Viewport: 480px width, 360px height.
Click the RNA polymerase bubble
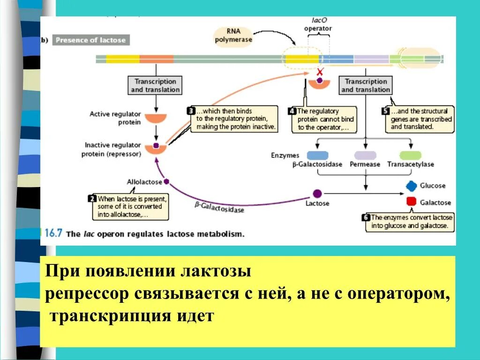[x=233, y=36]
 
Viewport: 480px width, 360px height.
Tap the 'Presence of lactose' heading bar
[x=90, y=40]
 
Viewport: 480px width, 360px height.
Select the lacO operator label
[x=318, y=25]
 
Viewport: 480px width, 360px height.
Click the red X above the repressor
[x=320, y=72]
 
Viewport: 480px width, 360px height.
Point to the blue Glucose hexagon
[x=411, y=186]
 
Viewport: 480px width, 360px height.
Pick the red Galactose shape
[x=411, y=202]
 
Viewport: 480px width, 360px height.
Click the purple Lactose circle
[x=317, y=194]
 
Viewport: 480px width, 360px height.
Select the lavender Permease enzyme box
[x=365, y=155]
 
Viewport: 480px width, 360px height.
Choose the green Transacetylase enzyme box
[x=410, y=155]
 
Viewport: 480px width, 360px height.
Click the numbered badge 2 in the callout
[x=92, y=199]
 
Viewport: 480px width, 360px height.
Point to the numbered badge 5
[x=385, y=111]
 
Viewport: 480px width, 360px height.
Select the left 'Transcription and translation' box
[x=155, y=85]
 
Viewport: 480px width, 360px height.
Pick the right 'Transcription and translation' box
[x=366, y=85]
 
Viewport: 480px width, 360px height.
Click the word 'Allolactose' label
[x=144, y=182]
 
